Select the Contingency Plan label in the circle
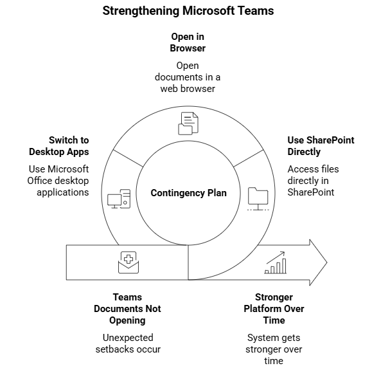[188, 193]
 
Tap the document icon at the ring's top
[188, 123]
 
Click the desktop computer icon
[120, 198]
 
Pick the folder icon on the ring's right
[258, 198]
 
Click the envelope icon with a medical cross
[128, 262]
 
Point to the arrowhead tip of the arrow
[326, 262]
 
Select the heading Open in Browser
[188, 42]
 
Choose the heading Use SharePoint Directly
[320, 146]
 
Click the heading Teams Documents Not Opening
[127, 308]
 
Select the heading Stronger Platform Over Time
[274, 308]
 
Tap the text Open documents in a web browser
[188, 77]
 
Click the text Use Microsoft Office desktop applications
[59, 181]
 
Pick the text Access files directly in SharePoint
[313, 181]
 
